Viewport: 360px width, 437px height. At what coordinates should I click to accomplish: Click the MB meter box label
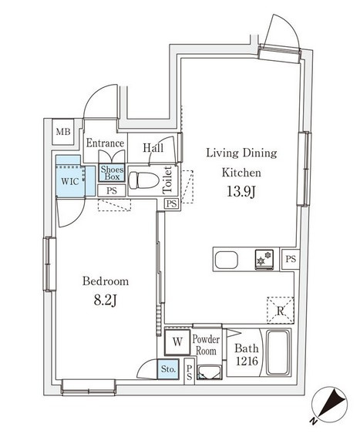pyautogui.click(x=63, y=132)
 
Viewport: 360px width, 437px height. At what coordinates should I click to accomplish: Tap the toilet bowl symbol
pyautogui.click(x=143, y=180)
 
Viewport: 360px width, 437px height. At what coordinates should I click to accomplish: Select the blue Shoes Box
pyautogui.click(x=112, y=173)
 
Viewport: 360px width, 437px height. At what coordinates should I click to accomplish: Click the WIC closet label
pyautogui.click(x=69, y=181)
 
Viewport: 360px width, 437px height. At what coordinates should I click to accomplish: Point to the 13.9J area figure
pyautogui.click(x=241, y=191)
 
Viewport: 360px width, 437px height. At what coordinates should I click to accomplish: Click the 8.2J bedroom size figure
pyautogui.click(x=105, y=301)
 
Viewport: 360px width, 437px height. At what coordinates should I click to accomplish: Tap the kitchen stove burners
pyautogui.click(x=264, y=260)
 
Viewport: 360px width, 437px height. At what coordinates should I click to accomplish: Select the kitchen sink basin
pyautogui.click(x=227, y=260)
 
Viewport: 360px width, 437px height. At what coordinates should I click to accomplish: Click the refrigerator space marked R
pyautogui.click(x=281, y=310)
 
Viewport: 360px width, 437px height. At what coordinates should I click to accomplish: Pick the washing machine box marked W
pyautogui.click(x=177, y=342)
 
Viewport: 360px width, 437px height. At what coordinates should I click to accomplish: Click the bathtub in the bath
pyautogui.click(x=278, y=352)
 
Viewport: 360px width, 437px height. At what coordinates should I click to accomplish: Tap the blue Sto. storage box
pyautogui.click(x=168, y=369)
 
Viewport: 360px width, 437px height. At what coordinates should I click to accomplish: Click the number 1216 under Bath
pyautogui.click(x=247, y=361)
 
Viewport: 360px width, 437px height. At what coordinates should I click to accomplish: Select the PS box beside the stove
pyautogui.click(x=291, y=259)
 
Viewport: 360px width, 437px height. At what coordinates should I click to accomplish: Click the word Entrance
pyautogui.click(x=105, y=143)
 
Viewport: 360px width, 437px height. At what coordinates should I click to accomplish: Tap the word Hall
pyautogui.click(x=153, y=148)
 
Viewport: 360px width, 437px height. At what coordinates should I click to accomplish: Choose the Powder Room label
pyautogui.click(x=206, y=345)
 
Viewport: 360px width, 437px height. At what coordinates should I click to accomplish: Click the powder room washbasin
pyautogui.click(x=209, y=373)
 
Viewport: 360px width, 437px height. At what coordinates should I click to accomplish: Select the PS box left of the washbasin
pyautogui.click(x=190, y=372)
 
